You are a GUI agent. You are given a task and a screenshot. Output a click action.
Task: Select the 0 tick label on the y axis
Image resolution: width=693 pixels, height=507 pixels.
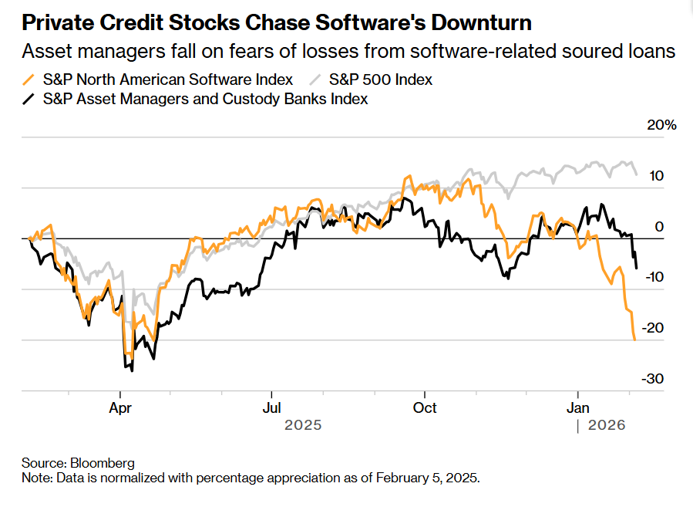click(658, 227)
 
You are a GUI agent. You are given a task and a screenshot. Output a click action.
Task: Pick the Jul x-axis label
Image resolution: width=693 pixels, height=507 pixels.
click(271, 407)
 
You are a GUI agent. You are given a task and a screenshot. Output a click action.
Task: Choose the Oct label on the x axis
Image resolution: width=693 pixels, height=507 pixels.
click(424, 407)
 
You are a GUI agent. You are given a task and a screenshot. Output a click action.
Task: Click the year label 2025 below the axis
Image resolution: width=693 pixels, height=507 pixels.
click(302, 425)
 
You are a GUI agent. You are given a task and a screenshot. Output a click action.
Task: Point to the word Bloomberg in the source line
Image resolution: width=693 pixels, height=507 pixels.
click(102, 463)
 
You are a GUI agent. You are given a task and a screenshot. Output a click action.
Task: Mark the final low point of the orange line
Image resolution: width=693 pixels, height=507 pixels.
click(634, 340)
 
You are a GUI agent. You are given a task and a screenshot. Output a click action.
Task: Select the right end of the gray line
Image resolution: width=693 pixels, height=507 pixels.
click(636, 174)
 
